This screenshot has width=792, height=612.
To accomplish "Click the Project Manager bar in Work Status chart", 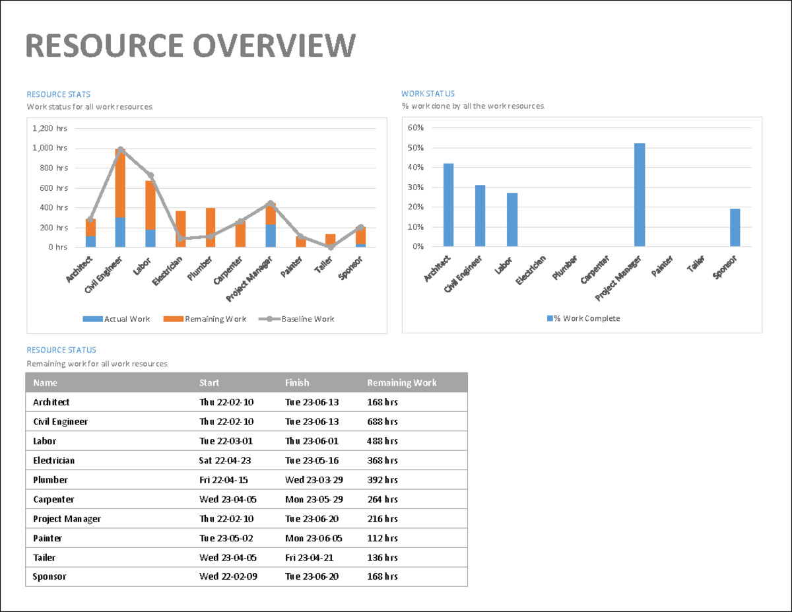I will pyautogui.click(x=639, y=195).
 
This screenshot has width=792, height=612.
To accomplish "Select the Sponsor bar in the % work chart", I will pyautogui.click(x=735, y=228).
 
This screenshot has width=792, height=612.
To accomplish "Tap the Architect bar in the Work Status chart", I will pyautogui.click(x=448, y=205).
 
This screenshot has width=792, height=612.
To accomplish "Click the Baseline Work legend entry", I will pyautogui.click(x=300, y=319).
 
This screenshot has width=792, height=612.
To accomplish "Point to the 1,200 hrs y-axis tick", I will pyautogui.click(x=49, y=128).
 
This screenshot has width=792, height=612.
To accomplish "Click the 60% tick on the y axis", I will pyautogui.click(x=415, y=127).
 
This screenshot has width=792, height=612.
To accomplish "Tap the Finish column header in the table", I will pyautogui.click(x=297, y=383).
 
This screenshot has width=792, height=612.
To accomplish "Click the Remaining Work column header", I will pyautogui.click(x=401, y=383).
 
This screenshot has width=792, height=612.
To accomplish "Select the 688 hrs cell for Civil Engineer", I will pyautogui.click(x=382, y=421).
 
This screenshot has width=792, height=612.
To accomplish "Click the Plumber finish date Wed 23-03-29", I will pyautogui.click(x=313, y=480).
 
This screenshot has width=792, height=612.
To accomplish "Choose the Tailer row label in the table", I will pyautogui.click(x=44, y=557).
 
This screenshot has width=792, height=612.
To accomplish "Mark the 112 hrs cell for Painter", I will pyautogui.click(x=382, y=538).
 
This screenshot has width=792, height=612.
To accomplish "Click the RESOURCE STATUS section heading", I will pyautogui.click(x=61, y=350).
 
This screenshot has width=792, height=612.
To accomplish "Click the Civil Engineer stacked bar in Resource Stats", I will pyautogui.click(x=120, y=198).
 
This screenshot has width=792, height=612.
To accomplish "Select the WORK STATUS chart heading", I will pyautogui.click(x=428, y=94).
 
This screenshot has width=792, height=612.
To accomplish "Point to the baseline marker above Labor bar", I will pyautogui.click(x=150, y=176).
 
